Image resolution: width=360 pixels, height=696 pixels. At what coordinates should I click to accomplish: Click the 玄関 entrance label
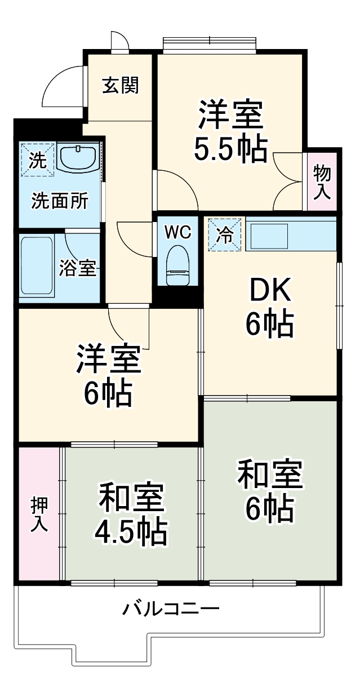[120, 86]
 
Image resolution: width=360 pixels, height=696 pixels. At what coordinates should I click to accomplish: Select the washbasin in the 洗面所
[78, 157]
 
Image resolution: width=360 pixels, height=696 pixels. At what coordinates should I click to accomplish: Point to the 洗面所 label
[59, 201]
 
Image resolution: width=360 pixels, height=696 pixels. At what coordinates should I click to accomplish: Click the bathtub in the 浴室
[37, 266]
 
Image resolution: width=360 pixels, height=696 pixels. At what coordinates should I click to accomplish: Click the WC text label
[178, 232]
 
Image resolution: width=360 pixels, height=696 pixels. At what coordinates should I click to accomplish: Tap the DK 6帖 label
[269, 307]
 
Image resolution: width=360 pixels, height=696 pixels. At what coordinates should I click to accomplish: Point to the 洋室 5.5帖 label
[230, 131]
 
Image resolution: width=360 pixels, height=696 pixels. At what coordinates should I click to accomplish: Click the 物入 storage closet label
[322, 181]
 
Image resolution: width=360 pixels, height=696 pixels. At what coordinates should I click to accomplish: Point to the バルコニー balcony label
[171, 609]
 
